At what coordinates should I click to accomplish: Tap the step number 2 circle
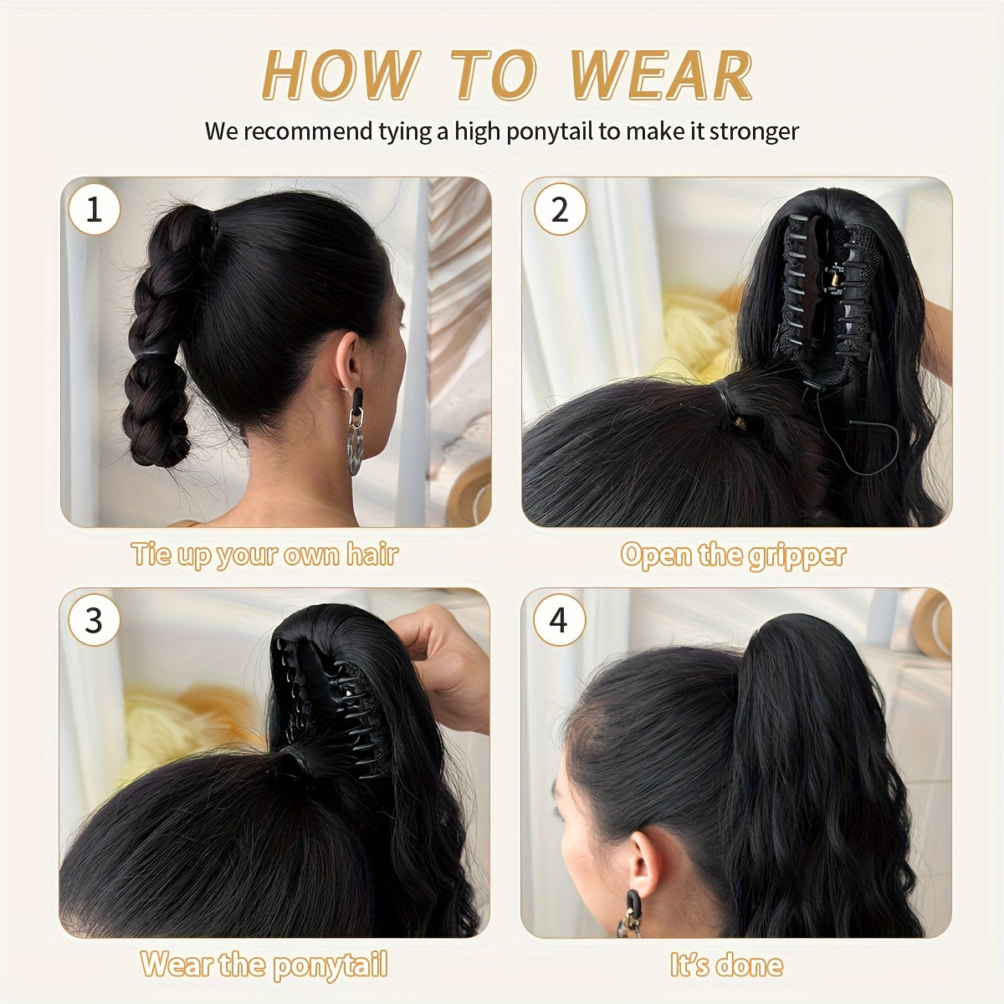pyautogui.click(x=559, y=209)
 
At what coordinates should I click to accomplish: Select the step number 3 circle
pyautogui.click(x=94, y=621)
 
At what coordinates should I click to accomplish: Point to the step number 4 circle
pyautogui.click(x=558, y=621)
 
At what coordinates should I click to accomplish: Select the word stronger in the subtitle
pyautogui.click(x=754, y=131)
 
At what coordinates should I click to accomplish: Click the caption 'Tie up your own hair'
pyautogui.click(x=264, y=555)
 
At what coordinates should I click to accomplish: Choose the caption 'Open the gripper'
pyautogui.click(x=733, y=555)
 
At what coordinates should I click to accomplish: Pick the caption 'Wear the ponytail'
pyautogui.click(x=264, y=965)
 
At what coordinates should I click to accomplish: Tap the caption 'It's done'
pyautogui.click(x=726, y=965)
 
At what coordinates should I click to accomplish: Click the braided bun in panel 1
pyautogui.click(x=163, y=335)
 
